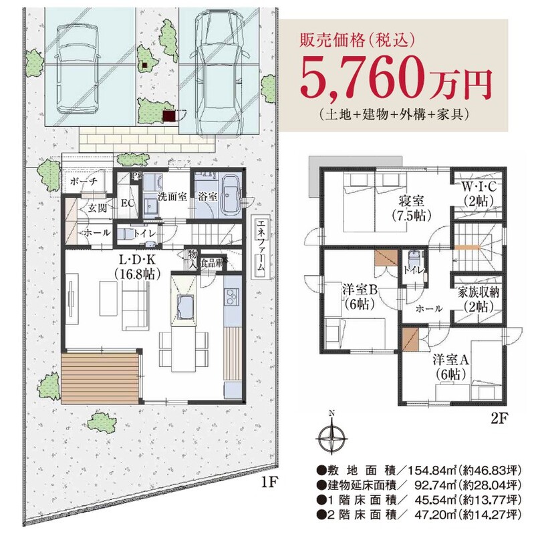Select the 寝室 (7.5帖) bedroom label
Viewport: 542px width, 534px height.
[x=411, y=208]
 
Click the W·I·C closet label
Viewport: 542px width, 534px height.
[x=479, y=187]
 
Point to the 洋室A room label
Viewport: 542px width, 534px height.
[x=450, y=360]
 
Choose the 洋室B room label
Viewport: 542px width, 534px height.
[x=360, y=290]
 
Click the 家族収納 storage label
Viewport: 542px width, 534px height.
[x=479, y=293]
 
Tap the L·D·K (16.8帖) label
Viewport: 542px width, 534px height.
[x=137, y=266]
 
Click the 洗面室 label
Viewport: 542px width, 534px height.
[x=172, y=196]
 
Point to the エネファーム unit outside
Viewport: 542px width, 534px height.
[x=260, y=246]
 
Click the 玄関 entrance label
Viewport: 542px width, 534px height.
[x=98, y=208]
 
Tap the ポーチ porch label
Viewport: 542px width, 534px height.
[x=84, y=181]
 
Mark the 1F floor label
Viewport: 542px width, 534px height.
[x=269, y=482]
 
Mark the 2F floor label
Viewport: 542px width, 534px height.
[x=499, y=418]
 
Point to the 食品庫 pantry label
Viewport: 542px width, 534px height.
[x=212, y=263]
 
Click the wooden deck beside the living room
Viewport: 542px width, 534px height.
[x=100, y=378]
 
